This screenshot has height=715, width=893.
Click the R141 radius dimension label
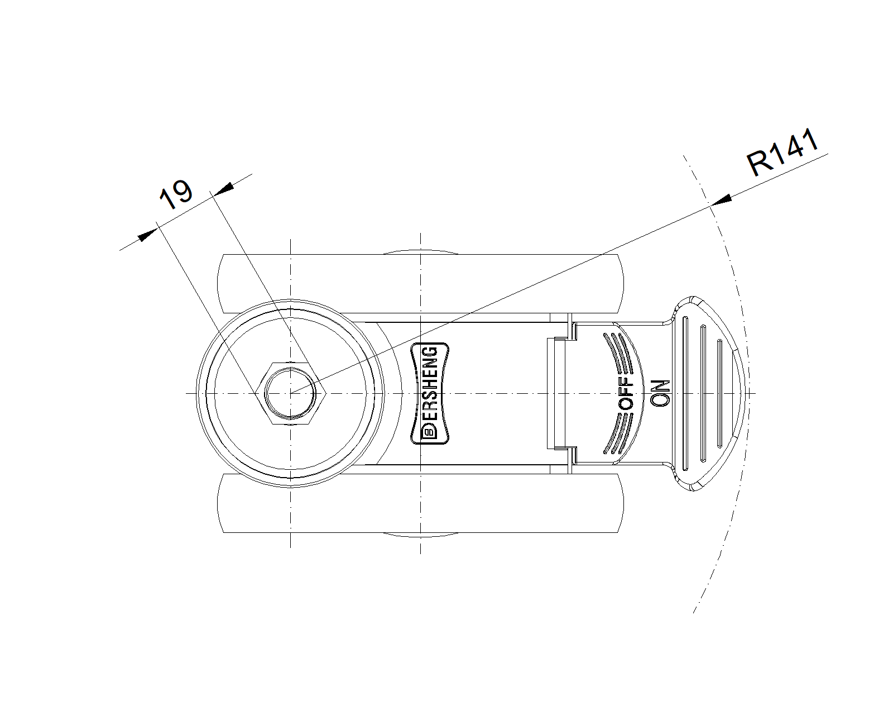click(783, 152)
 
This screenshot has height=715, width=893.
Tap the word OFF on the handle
click(626, 394)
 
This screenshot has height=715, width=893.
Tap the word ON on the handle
click(659, 394)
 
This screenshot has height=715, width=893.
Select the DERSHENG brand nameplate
click(430, 394)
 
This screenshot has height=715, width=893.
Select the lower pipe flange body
click(419, 503)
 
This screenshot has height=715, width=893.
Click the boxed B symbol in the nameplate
click(429, 433)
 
